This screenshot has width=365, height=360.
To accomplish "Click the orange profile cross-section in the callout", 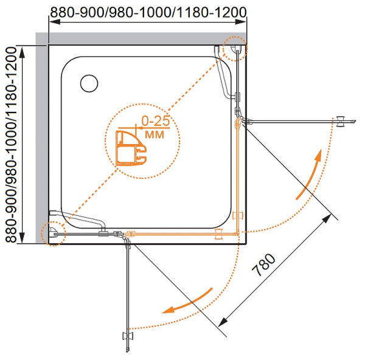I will click(131, 148).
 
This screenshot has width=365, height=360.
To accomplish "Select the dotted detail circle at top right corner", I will click(234, 49).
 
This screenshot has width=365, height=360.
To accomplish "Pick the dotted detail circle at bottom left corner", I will click(53, 232).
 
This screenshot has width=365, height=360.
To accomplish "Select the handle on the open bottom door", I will click(128, 335).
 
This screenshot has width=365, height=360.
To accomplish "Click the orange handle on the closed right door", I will click(238, 215).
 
